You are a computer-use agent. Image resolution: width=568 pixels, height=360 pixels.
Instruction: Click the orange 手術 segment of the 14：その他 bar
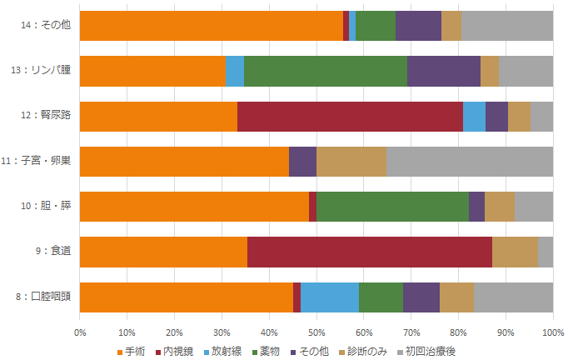coord(211,26)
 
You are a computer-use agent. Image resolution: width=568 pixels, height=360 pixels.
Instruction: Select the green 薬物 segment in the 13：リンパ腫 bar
coord(326,71)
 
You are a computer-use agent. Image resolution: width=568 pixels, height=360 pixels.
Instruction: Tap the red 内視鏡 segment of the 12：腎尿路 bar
coord(350,117)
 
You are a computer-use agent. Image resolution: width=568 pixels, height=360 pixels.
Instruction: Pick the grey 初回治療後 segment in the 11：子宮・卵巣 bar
coord(470,162)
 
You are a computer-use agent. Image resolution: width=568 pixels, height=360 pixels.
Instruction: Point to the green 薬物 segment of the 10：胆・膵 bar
coord(392,207)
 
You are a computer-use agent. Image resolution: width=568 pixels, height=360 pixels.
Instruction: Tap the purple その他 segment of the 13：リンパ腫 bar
coord(444,71)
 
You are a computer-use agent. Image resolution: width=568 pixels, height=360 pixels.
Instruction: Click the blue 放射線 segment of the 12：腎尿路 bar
coord(474,117)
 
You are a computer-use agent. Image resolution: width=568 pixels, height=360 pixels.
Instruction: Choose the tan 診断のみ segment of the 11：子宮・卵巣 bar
coord(351,162)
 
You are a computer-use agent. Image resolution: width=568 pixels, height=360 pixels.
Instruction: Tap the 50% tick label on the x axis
coord(316,332)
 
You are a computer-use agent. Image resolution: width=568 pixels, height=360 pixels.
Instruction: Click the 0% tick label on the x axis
coord(80,332)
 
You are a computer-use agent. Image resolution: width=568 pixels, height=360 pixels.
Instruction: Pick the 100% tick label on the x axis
coord(553,332)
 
